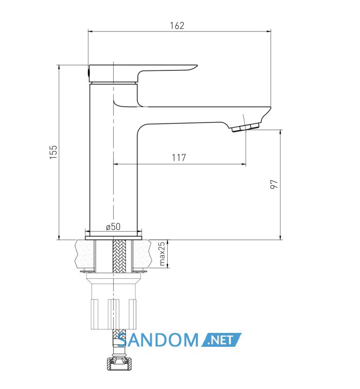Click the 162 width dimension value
coord(177,26)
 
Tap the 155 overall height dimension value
coord(53,152)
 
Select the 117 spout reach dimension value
coord(179,157)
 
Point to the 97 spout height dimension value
coord(274,184)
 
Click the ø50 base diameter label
coord(113,226)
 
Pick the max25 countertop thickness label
coord(161,254)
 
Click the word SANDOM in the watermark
coord(158,340)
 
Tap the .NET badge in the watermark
coord(221,340)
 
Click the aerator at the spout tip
coord(245,128)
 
